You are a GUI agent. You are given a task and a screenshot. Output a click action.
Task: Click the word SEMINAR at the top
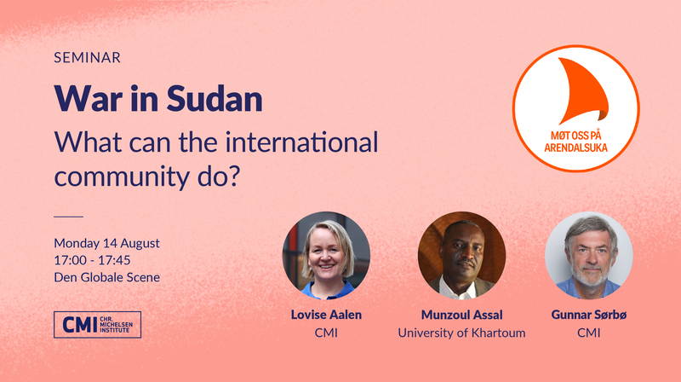click(x=88, y=57)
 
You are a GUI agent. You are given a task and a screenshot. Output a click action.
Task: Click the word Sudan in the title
click(x=215, y=98)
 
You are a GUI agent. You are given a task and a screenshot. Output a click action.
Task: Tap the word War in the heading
click(x=89, y=98)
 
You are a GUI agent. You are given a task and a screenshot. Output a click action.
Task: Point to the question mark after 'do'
click(x=234, y=177)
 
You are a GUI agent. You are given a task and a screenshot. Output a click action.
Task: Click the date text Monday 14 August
click(x=107, y=243)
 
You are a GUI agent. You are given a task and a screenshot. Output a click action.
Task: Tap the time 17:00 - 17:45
click(x=92, y=260)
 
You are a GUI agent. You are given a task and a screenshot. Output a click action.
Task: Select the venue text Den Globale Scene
click(x=107, y=277)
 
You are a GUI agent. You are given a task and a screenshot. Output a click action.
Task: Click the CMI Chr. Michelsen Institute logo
click(x=97, y=325)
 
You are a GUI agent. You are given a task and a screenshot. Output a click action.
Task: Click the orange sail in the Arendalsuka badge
click(x=582, y=90)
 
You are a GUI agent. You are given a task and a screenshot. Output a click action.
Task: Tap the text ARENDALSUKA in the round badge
click(x=575, y=148)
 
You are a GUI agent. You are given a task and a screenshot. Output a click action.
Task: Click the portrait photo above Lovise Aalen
click(x=326, y=256)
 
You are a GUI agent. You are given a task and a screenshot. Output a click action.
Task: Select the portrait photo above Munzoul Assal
click(x=461, y=256)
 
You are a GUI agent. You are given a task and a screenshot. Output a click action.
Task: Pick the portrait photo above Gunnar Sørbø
click(x=589, y=256)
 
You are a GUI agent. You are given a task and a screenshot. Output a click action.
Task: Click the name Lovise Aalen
click(x=326, y=315)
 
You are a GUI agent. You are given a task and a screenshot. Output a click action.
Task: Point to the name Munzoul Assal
click(x=461, y=315)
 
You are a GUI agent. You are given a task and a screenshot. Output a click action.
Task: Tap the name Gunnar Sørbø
click(x=589, y=315)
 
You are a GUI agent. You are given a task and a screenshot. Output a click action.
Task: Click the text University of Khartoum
click(x=461, y=333)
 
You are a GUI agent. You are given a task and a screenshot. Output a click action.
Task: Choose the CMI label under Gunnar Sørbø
click(x=589, y=333)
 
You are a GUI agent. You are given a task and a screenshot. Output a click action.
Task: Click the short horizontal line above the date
click(x=69, y=217)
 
